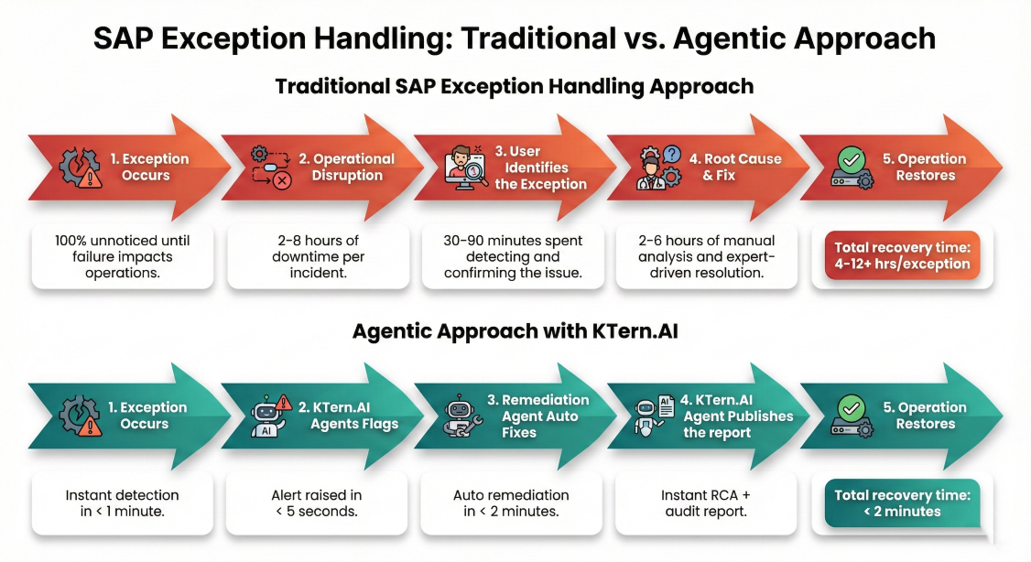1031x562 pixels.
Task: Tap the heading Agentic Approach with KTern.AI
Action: point(515,330)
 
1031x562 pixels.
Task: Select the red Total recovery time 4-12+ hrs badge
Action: point(902,255)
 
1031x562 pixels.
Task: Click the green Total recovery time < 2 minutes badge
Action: point(902,503)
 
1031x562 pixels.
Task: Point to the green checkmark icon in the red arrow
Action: point(852,159)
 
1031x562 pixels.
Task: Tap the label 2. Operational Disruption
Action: point(346,167)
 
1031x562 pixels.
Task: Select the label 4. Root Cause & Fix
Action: point(735,167)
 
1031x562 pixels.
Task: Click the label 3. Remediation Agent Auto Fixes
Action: point(538,416)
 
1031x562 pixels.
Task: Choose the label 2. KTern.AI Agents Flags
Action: point(349,416)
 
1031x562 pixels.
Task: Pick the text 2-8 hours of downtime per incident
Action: point(319,256)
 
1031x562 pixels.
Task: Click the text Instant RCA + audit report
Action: point(706,503)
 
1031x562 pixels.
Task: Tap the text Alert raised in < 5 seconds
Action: point(317,503)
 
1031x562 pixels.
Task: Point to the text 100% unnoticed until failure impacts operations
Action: point(123,256)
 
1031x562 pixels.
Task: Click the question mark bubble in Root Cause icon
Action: point(672,155)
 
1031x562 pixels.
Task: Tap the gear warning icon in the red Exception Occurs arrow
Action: point(81,168)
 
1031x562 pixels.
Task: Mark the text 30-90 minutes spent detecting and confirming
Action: point(513,256)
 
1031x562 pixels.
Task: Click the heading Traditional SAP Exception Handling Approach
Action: point(515,87)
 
